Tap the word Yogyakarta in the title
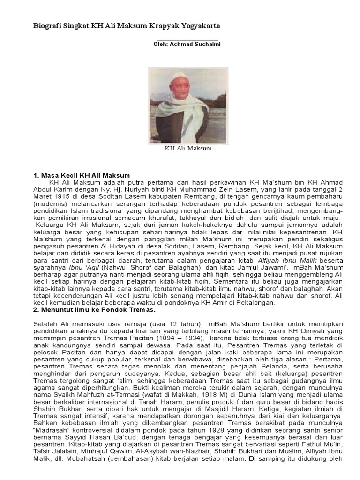199,26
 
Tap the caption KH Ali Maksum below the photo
188,149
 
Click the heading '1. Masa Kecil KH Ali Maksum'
82,175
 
